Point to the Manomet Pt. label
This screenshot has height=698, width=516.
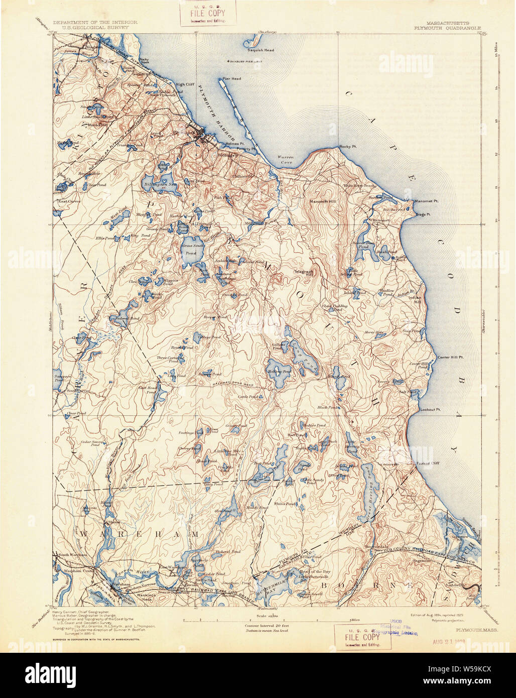pyautogui.click(x=426, y=201)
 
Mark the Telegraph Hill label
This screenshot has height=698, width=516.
pyautogui.click(x=304, y=273)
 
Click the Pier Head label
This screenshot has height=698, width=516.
pyautogui.click(x=232, y=79)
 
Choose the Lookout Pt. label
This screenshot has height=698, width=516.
pyautogui.click(x=430, y=410)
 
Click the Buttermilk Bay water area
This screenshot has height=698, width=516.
pyautogui.click(x=267, y=583)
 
